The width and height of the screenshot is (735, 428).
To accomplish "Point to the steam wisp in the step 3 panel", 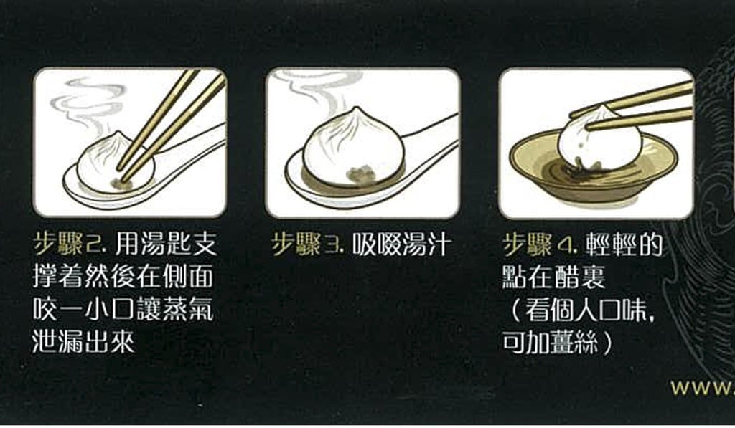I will (x=309, y=89).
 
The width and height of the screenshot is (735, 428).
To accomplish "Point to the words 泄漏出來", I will (x=83, y=342).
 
